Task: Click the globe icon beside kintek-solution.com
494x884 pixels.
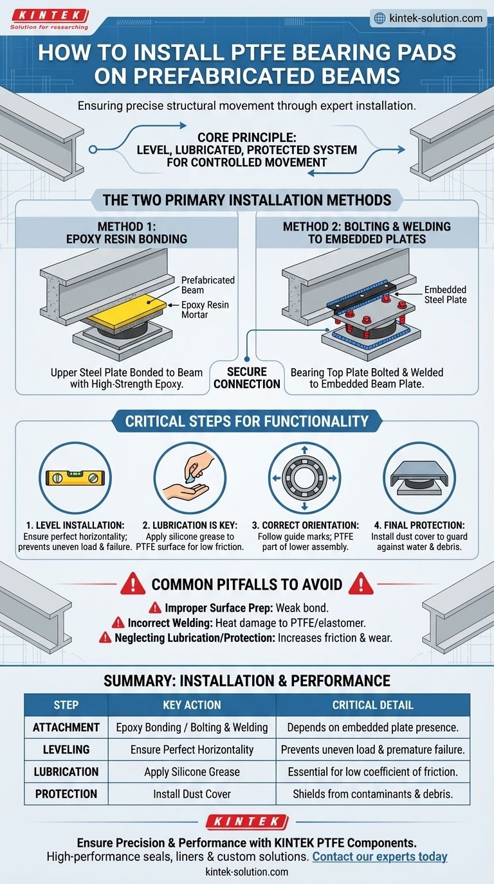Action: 380,19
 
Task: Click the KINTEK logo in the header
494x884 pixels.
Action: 50,19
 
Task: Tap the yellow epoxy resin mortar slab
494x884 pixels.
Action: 127,309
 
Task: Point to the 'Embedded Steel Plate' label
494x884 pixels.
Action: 445,294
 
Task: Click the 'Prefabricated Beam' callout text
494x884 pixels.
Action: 208,285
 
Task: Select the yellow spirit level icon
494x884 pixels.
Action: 75,478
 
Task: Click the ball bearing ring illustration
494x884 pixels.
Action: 304,478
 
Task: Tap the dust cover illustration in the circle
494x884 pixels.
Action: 419,479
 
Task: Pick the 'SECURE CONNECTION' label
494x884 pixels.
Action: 247,378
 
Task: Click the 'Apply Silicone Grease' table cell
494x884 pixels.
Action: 192,772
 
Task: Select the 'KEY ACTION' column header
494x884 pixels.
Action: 192,705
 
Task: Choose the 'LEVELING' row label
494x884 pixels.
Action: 66,750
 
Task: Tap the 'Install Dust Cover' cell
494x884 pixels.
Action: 192,793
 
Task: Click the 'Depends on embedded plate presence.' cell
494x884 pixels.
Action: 372,727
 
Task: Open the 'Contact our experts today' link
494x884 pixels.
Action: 380,856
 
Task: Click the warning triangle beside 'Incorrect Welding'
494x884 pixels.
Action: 118,623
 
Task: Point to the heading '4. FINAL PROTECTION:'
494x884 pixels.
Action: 419,526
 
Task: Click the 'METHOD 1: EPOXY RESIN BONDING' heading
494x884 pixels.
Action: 127,233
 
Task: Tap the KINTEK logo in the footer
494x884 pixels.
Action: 247,822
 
